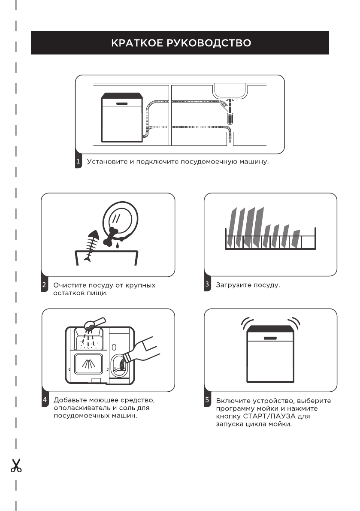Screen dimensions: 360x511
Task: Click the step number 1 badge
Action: point(78,162)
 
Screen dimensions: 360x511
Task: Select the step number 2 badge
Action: point(44,285)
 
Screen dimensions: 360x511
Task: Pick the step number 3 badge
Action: point(207,284)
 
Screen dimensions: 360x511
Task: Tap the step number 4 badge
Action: point(45,400)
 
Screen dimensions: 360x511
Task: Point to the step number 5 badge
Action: point(207,400)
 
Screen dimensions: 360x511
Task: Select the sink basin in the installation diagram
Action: point(230,91)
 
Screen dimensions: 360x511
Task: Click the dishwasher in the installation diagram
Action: point(122,118)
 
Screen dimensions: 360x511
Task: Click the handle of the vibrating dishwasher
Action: point(270,338)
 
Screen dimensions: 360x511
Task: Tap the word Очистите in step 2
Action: point(70,285)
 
